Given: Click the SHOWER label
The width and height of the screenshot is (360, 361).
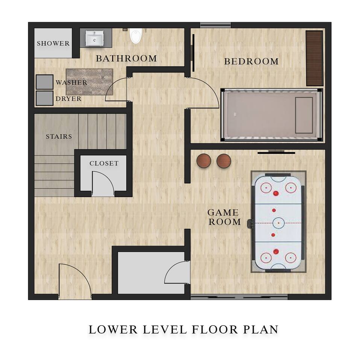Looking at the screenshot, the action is coord(53,43).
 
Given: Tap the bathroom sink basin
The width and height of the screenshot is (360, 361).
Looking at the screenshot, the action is coord(94,38).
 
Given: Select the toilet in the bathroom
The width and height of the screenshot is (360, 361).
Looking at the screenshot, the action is coord(135,36).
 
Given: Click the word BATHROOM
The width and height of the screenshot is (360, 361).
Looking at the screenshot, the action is coord(126,59).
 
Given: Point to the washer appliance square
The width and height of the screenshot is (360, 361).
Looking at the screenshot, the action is coord(45,82).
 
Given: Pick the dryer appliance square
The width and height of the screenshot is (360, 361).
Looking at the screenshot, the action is coord(45,98).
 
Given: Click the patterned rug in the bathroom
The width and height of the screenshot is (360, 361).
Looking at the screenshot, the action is coord(89,82).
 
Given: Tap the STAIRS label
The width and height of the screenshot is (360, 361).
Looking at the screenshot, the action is coord(59,137).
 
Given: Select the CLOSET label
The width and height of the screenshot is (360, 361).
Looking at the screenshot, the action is coord(104,163).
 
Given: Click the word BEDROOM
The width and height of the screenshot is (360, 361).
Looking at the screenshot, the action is coord(251,61).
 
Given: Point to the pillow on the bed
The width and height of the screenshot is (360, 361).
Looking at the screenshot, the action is coord(304,115).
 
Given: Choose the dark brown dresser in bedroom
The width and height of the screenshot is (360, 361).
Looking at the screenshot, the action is coord(315,58).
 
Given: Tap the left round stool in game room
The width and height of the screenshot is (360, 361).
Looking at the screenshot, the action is coord(204,161).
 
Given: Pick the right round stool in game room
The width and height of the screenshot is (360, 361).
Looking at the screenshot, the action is coord(224,161).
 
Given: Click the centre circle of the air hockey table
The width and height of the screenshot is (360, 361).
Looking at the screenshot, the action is coord(278,223).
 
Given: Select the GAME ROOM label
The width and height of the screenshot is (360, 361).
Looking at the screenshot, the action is coord(224,217).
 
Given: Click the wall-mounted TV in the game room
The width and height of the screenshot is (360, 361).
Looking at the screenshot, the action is coord(276,152).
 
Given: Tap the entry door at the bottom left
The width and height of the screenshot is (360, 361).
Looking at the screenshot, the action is coord(75,281).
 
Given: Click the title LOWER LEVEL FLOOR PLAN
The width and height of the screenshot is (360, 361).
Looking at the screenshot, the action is coord(183,329).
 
